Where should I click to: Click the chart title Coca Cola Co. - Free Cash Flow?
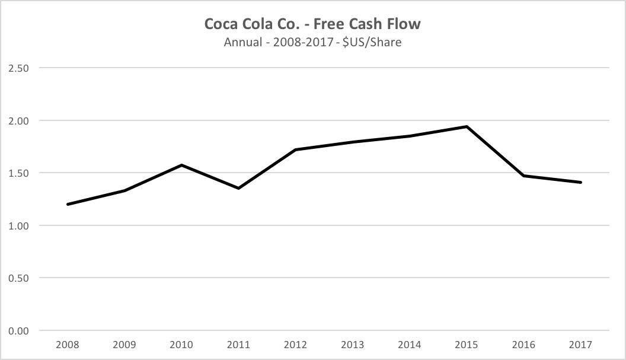pos(312,24)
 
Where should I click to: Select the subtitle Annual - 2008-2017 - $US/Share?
pos(312,43)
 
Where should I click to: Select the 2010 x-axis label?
pos(181,345)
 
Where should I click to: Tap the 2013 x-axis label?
pos(353,345)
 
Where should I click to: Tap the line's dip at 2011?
pos(238,188)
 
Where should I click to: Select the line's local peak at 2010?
pos(181,165)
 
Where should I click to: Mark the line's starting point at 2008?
pos(68,204)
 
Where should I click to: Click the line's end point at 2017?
pos(581,182)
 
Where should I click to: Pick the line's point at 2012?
pos(295,149)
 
